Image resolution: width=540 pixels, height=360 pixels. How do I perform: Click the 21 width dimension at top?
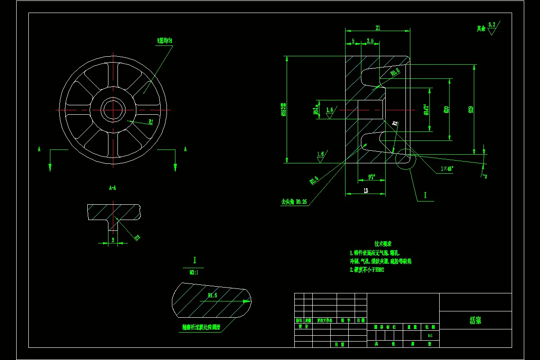click(x=378, y=28)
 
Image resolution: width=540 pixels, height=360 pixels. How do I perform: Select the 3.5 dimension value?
click(x=370, y=41)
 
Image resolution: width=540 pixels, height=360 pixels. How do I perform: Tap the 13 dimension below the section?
click(x=365, y=191)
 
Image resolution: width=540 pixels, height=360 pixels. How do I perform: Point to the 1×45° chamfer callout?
click(x=447, y=169)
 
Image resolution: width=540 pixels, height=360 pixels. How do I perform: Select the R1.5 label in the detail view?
click(x=213, y=296)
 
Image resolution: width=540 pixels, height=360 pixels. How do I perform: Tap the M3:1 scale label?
click(x=194, y=272)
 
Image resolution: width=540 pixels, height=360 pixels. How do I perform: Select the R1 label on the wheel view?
click(x=151, y=121)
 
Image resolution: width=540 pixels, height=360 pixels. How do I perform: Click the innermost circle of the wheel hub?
click(x=113, y=110)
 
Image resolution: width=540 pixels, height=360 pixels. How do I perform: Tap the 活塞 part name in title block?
click(x=475, y=320)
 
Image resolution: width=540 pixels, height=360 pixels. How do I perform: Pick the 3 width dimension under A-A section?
click(x=112, y=240)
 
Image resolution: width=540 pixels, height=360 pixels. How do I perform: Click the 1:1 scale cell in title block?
click(x=430, y=336)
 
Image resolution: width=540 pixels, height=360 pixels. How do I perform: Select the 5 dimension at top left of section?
click(x=353, y=41)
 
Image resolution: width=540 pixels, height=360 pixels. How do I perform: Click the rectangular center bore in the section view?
click(x=370, y=110)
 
